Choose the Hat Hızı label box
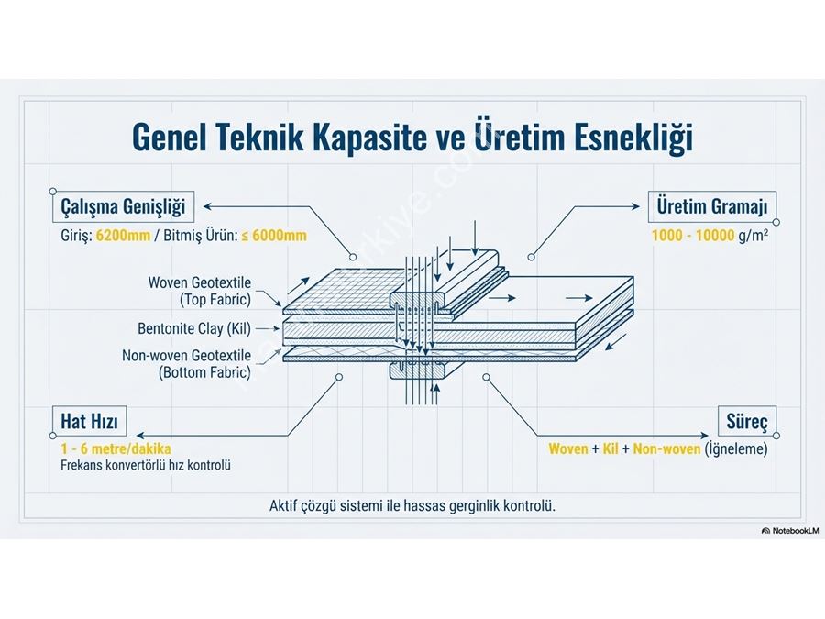[89, 422]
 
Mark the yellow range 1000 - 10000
[693, 236]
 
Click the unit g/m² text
[753, 236]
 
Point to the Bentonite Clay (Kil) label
[195, 327]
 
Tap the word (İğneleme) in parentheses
[734, 449]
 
